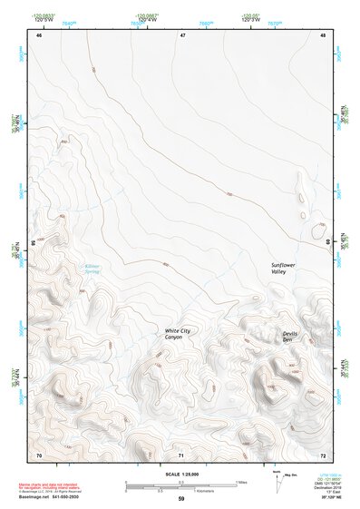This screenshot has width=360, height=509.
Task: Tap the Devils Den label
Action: click(x=289, y=338)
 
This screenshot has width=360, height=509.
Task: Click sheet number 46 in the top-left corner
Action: click(x=39, y=34)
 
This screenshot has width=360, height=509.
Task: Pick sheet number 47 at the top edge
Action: click(x=181, y=34)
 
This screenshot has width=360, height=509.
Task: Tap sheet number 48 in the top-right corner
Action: click(x=323, y=34)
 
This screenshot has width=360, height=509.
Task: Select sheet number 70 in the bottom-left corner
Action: click(x=39, y=454)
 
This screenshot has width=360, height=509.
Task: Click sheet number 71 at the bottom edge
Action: click(x=181, y=454)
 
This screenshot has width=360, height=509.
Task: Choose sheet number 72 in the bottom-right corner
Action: click(x=323, y=454)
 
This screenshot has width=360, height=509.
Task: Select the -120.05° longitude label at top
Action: click(x=252, y=15)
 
